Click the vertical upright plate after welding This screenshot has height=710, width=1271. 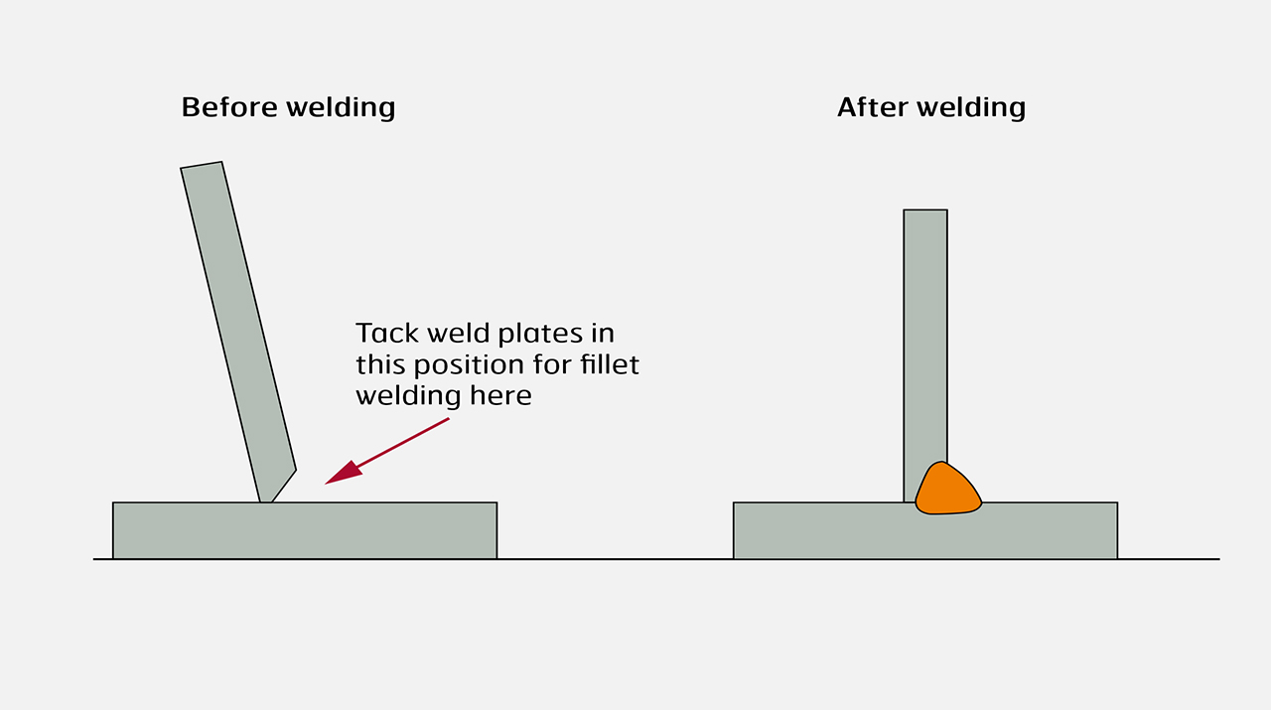click(924, 338)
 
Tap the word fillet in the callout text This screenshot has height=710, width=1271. click(610, 364)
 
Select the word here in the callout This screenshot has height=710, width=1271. click(502, 395)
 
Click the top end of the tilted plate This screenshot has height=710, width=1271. click(202, 167)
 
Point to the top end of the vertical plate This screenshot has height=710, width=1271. click(924, 213)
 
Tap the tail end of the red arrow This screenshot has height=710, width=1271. click(448, 419)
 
